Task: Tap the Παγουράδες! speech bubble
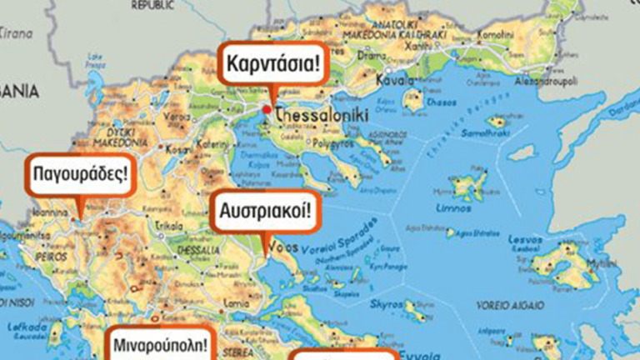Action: point(80,175)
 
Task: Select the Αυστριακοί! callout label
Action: point(265,212)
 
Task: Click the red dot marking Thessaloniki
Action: point(267,109)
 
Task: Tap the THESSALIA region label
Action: point(198,249)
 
